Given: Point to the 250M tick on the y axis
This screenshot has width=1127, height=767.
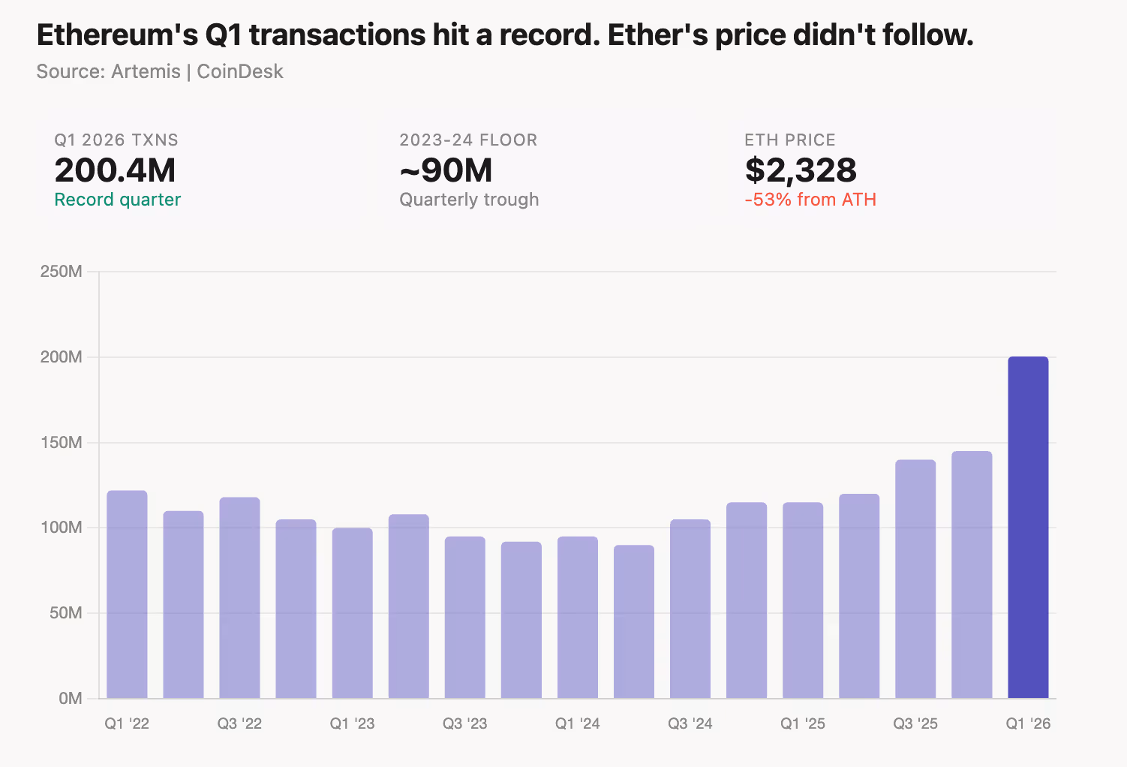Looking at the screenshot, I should click(x=61, y=272).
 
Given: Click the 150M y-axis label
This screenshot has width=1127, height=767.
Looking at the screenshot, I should click(x=61, y=443).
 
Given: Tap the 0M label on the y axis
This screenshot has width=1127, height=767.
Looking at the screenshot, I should click(x=71, y=699).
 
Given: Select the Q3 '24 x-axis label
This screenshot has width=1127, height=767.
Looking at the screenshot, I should click(x=690, y=723).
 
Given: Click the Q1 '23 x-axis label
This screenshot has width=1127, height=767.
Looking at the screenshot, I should click(x=352, y=723).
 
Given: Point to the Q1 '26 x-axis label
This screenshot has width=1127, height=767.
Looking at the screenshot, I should click(x=1028, y=723).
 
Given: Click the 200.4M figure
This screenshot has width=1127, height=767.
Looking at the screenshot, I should click(x=115, y=170).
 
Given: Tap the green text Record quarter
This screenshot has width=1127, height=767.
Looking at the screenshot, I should click(x=118, y=200).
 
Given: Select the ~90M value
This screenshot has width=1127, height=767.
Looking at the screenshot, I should click(x=446, y=170).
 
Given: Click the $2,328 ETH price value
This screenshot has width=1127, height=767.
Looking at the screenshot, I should click(x=800, y=170).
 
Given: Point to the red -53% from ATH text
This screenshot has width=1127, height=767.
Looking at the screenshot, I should click(x=810, y=200).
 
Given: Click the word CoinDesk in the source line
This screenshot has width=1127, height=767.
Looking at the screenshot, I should click(x=240, y=71).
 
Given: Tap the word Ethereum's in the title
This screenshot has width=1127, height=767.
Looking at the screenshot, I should click(x=117, y=35).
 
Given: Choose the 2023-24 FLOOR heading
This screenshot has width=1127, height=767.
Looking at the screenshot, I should click(x=468, y=140).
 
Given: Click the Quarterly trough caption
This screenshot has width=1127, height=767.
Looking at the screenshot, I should click(x=469, y=200).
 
